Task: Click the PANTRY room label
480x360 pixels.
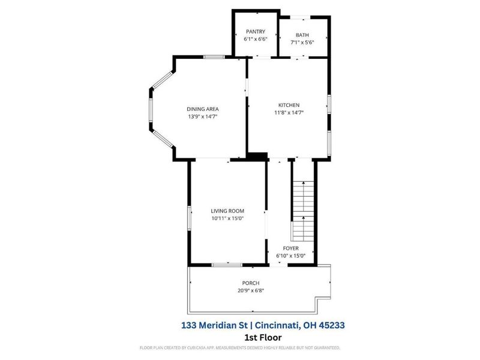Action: (x=255, y=32)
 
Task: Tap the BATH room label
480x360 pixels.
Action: (x=302, y=35)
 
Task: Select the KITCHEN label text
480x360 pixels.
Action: (x=288, y=105)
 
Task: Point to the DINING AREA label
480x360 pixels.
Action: (x=202, y=109)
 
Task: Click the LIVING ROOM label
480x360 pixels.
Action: (x=227, y=211)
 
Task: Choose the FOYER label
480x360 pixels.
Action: (x=291, y=248)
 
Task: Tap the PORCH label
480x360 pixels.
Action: (x=251, y=283)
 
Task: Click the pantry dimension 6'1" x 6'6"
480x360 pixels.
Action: (x=255, y=39)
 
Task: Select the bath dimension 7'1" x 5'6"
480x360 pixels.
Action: (x=302, y=43)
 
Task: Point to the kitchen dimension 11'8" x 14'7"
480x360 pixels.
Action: (x=289, y=112)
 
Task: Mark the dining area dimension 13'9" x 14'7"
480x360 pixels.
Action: (x=202, y=116)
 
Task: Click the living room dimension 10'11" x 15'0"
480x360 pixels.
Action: (x=227, y=218)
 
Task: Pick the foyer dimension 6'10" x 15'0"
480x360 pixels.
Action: (x=291, y=255)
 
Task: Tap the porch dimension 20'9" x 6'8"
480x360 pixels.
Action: (x=251, y=290)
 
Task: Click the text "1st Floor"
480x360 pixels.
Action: (x=262, y=337)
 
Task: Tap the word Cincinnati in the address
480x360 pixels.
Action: (x=278, y=325)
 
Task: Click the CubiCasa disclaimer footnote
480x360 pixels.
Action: (x=240, y=347)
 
